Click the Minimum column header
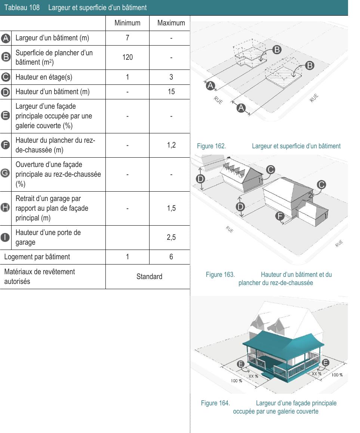pos(127,23)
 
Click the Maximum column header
pos(171,23)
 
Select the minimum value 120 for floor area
pos(127,58)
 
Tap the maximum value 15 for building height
pos(171,92)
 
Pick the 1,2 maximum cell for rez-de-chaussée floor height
pos(171,145)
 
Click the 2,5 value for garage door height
pos(171,237)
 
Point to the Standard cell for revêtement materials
pos(149,277)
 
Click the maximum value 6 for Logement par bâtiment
pos(171,257)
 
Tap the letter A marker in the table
pos(6,38)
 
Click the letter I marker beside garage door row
pos(6,237)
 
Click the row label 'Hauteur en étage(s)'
pos(43,77)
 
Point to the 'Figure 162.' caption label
pos(211,146)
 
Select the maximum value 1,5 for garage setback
pos(171,208)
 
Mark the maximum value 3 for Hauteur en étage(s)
pos(171,77)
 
